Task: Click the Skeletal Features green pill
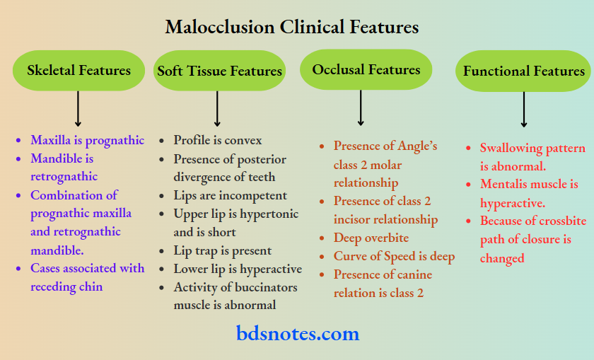(78, 70)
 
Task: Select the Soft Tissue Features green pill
(219, 71)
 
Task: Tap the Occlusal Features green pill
(366, 69)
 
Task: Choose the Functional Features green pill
(523, 71)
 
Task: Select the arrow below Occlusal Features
(361, 108)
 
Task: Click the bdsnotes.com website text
(297, 333)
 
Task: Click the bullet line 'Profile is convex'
(218, 140)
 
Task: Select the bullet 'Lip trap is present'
(223, 250)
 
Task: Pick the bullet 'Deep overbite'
(371, 238)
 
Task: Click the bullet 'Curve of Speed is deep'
(394, 256)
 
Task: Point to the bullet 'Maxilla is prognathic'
(87, 140)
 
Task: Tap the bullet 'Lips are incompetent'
(231, 195)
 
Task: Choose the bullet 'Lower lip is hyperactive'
(238, 269)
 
